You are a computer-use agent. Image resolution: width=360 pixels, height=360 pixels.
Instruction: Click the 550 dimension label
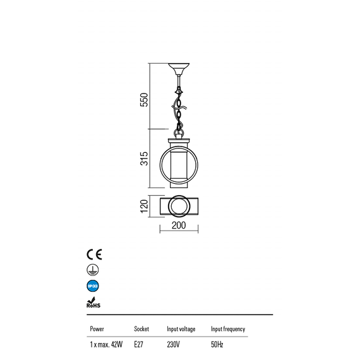144,100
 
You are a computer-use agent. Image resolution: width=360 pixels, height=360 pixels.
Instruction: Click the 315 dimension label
144,159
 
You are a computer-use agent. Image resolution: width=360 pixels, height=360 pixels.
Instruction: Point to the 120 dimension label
144,206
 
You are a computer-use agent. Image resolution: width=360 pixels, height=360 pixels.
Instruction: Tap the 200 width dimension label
179,225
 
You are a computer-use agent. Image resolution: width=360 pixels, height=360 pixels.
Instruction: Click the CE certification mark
94,255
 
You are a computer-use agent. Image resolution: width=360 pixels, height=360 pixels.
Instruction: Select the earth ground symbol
93,270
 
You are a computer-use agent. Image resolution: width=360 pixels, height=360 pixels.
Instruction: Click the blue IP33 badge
93,286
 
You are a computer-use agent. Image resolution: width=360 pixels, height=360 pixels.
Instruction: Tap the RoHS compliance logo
93,303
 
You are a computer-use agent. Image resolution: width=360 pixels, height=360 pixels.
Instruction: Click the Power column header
97,329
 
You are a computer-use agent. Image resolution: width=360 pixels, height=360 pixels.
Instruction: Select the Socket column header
141,329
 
